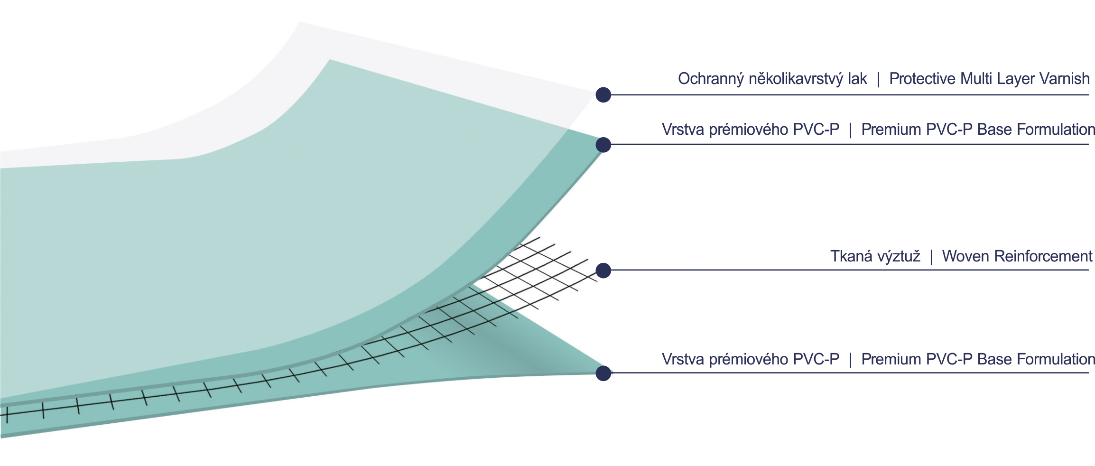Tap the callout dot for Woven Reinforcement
pyautogui.click(x=603, y=270)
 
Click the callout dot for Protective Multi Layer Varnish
pyautogui.click(x=603, y=95)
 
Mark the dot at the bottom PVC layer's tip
pyautogui.click(x=603, y=373)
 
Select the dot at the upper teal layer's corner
pyautogui.click(x=603, y=145)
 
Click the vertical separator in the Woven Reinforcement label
pyautogui.click(x=931, y=257)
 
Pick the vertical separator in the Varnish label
pyautogui.click(x=878, y=79)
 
